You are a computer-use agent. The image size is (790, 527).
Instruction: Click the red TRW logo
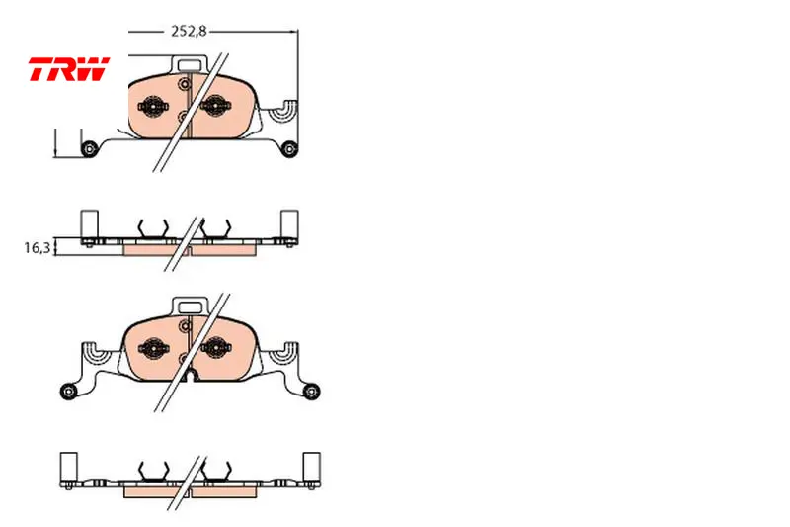69,68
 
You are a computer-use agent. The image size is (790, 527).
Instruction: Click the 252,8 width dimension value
189,32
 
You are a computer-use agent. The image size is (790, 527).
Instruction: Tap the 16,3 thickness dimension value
38,247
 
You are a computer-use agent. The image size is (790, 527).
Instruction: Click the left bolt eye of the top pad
89,148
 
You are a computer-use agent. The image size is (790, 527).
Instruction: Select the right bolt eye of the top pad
289,148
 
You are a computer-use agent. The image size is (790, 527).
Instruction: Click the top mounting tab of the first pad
190,64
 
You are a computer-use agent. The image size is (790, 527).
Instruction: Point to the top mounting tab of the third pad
191,307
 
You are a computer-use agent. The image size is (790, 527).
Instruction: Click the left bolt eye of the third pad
68,392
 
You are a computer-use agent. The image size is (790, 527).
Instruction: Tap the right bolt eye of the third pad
312,392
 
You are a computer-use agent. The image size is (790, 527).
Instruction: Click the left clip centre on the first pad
154,107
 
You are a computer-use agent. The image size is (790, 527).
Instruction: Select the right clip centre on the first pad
215,106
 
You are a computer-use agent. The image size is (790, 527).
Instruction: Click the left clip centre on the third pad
154,348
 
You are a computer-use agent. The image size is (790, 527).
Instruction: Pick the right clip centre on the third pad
216,347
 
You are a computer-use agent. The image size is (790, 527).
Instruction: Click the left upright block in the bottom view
68,466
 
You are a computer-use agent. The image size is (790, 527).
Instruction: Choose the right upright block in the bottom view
311,466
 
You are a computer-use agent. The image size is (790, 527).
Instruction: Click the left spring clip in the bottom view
154,471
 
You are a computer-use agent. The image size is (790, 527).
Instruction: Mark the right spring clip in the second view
216,228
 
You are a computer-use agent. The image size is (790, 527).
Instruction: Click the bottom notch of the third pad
191,375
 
